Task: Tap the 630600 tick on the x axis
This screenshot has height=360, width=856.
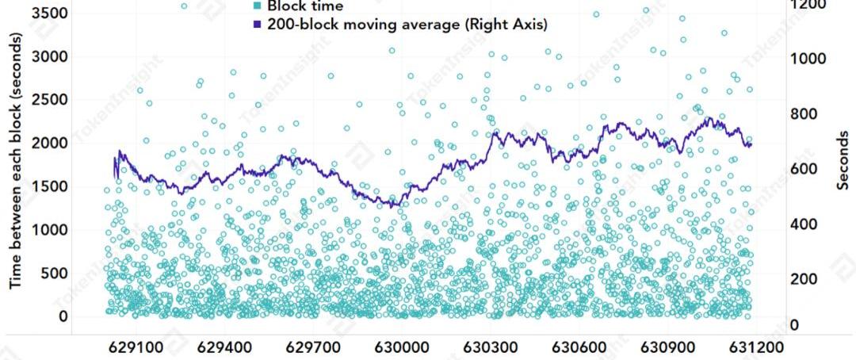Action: pyautogui.click(x=579, y=347)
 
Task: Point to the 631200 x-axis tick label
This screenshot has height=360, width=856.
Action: pyautogui.click(x=756, y=347)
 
